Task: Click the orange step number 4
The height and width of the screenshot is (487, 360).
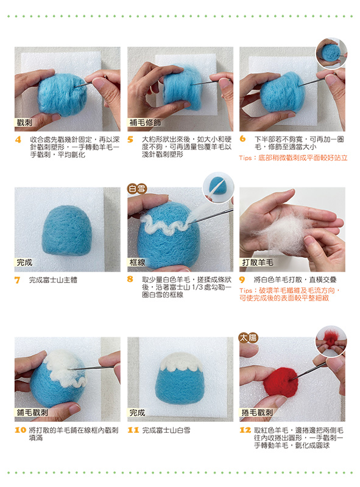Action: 18,139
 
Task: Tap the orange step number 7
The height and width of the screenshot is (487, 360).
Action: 18,280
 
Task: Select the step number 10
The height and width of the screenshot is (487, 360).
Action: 20,430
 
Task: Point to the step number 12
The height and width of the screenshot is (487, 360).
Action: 245,430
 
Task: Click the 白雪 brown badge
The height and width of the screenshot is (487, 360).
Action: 137,189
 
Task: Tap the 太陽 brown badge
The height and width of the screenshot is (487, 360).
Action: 249,338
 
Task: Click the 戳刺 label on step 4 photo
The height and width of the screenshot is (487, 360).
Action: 24,123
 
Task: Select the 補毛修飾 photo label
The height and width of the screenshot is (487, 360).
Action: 145,123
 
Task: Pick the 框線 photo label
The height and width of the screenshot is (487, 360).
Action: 137,262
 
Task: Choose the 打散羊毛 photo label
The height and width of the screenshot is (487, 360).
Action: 258,262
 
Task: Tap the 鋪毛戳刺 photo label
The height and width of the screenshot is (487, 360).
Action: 32,413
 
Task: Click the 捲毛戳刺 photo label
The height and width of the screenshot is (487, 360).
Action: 257,413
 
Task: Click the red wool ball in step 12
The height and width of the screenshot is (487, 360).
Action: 280,382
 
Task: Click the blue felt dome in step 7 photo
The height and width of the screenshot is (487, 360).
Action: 67,230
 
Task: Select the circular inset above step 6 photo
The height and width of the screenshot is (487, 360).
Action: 331,53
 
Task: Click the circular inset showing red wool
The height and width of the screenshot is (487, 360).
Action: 331,341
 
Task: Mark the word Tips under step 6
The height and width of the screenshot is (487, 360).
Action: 245,158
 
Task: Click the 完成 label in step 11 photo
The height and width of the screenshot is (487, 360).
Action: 137,413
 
